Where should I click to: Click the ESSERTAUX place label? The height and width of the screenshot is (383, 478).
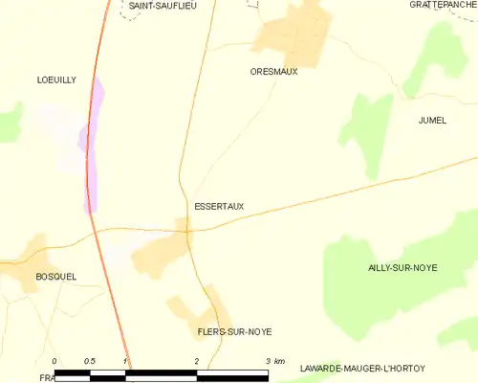point(216,205)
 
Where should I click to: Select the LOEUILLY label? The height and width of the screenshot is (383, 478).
point(55,80)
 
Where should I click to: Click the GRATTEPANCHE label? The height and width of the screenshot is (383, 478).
point(442,5)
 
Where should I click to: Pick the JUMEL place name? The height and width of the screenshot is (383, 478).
point(432,120)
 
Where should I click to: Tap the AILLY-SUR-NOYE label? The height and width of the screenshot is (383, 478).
point(402,267)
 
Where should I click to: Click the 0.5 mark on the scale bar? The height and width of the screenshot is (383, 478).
point(89,361)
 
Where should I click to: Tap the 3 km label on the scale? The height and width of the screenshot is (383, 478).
point(272,361)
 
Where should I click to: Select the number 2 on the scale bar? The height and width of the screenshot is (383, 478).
point(196,361)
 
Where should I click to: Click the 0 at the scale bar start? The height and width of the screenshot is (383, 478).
point(54,361)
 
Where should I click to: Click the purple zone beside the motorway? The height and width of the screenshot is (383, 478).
point(94,144)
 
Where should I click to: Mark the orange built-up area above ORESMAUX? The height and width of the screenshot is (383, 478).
point(292,34)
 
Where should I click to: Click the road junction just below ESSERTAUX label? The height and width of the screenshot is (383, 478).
point(188,230)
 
